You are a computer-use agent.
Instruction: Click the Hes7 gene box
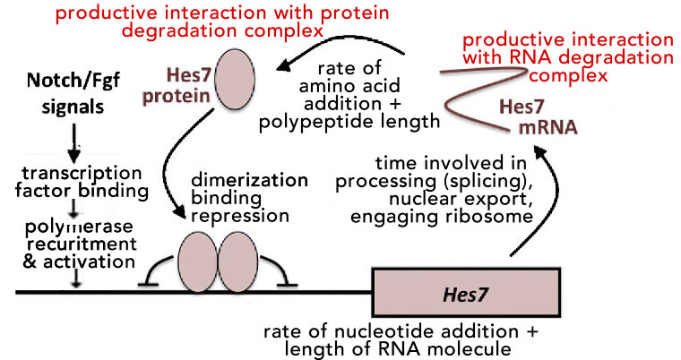coord(458,292)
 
